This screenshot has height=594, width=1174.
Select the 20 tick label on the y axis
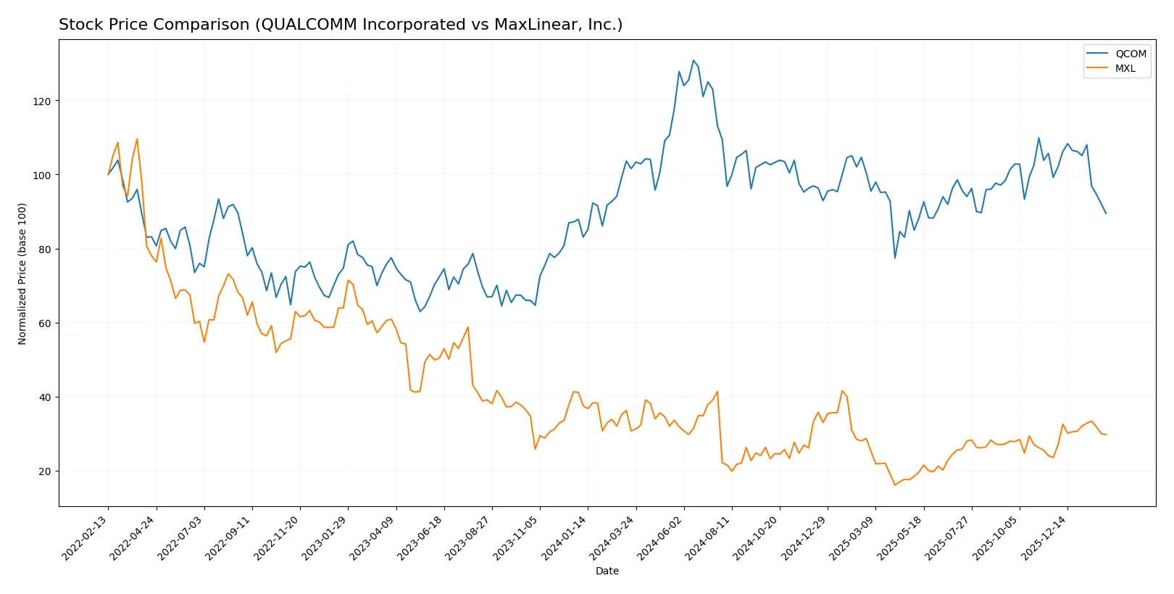(x=45, y=471)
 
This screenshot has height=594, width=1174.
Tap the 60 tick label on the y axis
(x=45, y=323)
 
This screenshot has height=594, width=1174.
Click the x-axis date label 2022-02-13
(x=86, y=537)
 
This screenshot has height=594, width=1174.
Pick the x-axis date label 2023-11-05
(x=517, y=537)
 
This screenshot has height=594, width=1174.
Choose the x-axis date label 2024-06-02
(x=661, y=537)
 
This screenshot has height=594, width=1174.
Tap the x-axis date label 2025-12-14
(x=1044, y=537)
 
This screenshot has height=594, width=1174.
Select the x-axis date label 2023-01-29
(x=325, y=537)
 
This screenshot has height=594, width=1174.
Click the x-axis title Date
(x=607, y=572)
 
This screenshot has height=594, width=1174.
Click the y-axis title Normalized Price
(x=22, y=273)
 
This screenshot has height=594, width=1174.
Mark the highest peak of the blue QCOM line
(x=693, y=60)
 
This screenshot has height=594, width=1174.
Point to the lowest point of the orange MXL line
(x=895, y=484)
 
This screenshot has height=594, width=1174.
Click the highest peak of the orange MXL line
(x=137, y=139)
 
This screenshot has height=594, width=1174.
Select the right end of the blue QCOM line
(x=1106, y=213)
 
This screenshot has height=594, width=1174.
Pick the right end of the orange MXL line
(x=1106, y=434)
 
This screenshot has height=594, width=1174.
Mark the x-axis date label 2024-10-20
(x=757, y=537)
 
